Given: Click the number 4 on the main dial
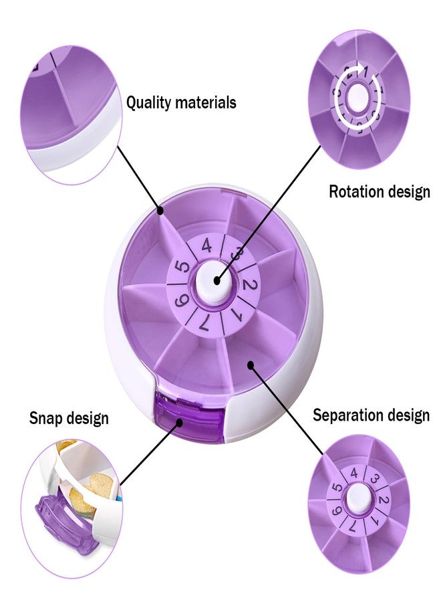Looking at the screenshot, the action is coord(206,245).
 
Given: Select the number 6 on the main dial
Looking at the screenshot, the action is coord(181,300).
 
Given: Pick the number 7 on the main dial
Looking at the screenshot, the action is coord(204,324).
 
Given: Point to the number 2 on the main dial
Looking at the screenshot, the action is coord(249,286).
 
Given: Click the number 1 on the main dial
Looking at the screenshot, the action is coord(237,316).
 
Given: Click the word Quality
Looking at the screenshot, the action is coord(148,103).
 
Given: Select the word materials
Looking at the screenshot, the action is coord(205,103).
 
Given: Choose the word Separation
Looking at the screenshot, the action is coord(347,415).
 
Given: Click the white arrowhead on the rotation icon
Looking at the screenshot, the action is coord(361,68).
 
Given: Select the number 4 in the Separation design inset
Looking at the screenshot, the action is coord(354,473).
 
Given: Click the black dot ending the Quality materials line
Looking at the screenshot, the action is coord(161,211).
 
